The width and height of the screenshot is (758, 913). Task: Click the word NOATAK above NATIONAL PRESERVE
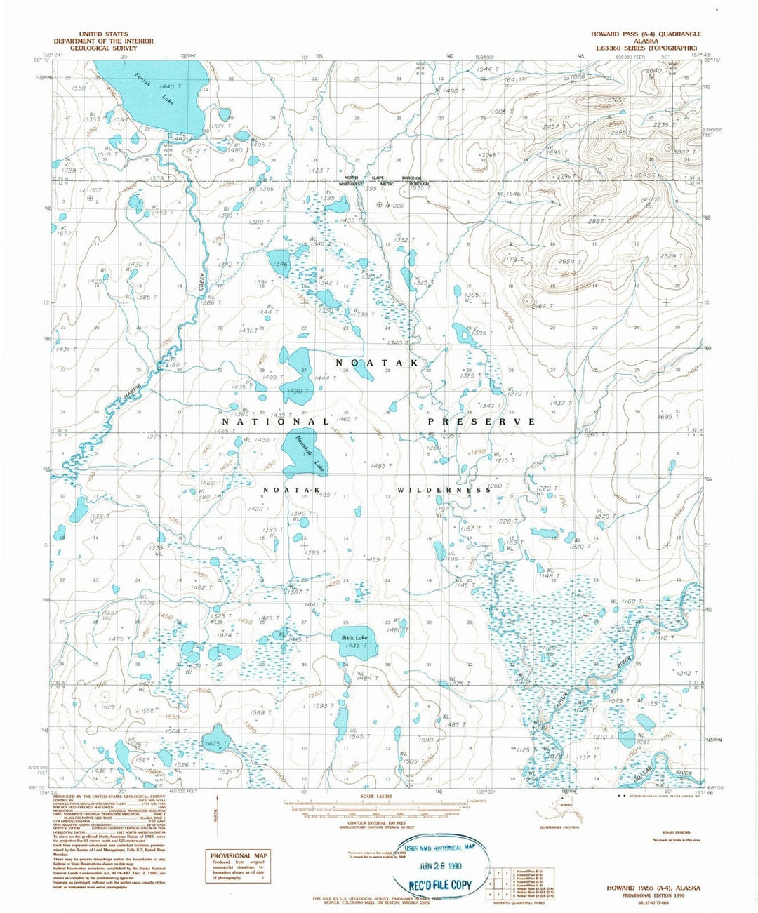tap(377, 363)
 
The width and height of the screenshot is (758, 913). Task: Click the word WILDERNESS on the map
tap(444, 490)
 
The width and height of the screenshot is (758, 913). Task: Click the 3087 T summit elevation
tap(684, 152)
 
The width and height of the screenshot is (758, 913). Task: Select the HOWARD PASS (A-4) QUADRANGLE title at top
tap(646, 34)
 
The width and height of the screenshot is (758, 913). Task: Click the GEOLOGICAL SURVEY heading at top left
tap(103, 48)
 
